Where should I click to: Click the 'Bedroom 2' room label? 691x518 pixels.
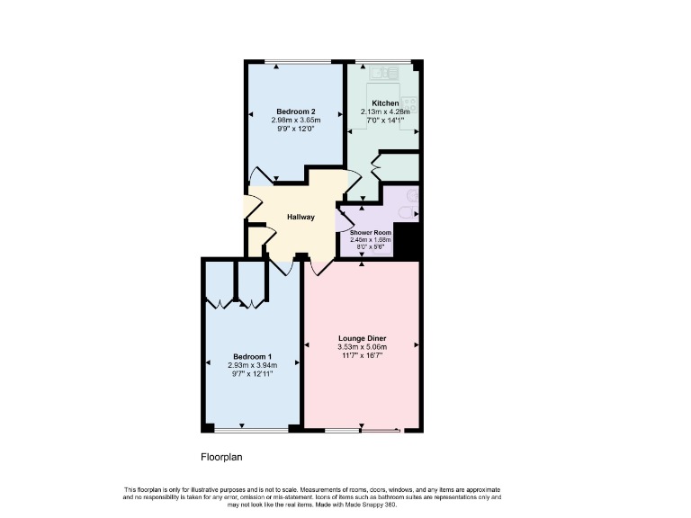(294, 111)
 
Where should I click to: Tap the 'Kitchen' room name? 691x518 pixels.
(385, 103)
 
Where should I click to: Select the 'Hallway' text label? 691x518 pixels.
(301, 217)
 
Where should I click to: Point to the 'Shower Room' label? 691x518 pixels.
(371, 233)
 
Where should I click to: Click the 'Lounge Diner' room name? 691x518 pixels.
(362, 338)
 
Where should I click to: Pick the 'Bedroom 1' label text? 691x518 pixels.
(252, 356)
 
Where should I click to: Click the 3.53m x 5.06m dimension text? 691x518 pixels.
(362, 347)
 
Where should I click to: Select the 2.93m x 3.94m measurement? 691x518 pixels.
(252, 365)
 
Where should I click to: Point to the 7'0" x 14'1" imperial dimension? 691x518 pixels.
(384, 120)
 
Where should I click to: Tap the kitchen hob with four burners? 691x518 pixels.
(410, 103)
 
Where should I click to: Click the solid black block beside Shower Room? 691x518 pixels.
(408, 239)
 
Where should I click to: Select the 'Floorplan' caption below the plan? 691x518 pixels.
(221, 457)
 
